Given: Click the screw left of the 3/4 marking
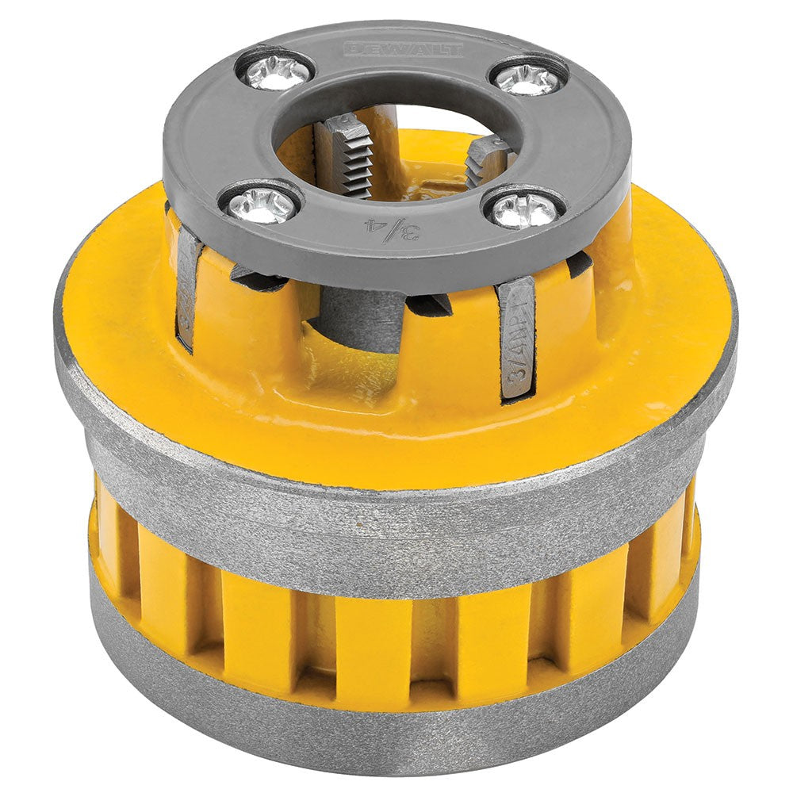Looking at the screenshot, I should coord(260,205).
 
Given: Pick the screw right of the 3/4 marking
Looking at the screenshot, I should coord(523,209).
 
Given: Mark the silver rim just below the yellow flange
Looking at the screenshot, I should coord(396,519).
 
